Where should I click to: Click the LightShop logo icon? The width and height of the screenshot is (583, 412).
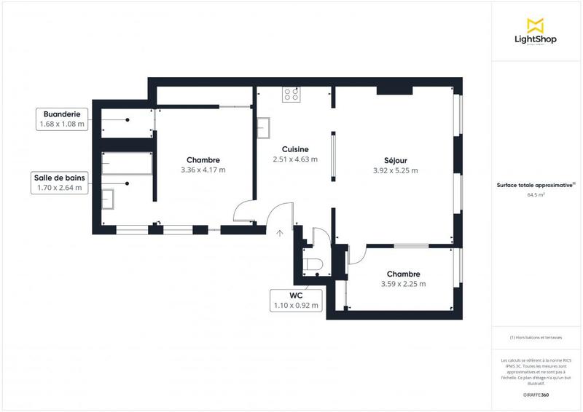pyautogui.click(x=536, y=25)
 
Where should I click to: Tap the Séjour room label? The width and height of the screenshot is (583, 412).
pyautogui.click(x=395, y=160)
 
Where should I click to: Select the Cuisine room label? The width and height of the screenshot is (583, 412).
pyautogui.click(x=295, y=148)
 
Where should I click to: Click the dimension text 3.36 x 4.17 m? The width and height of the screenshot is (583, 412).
pyautogui.click(x=203, y=170)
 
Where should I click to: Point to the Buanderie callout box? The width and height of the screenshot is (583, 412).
pyautogui.click(x=61, y=119)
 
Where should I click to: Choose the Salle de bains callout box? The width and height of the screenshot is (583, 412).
pyautogui.click(x=61, y=183)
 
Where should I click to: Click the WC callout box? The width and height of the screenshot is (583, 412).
pyautogui.click(x=296, y=301)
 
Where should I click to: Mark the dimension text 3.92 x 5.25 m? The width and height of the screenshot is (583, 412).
pyautogui.click(x=395, y=170)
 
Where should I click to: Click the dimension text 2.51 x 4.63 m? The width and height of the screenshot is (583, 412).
pyautogui.click(x=295, y=159)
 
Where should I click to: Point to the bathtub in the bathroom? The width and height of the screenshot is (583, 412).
pyautogui.click(x=127, y=165)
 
